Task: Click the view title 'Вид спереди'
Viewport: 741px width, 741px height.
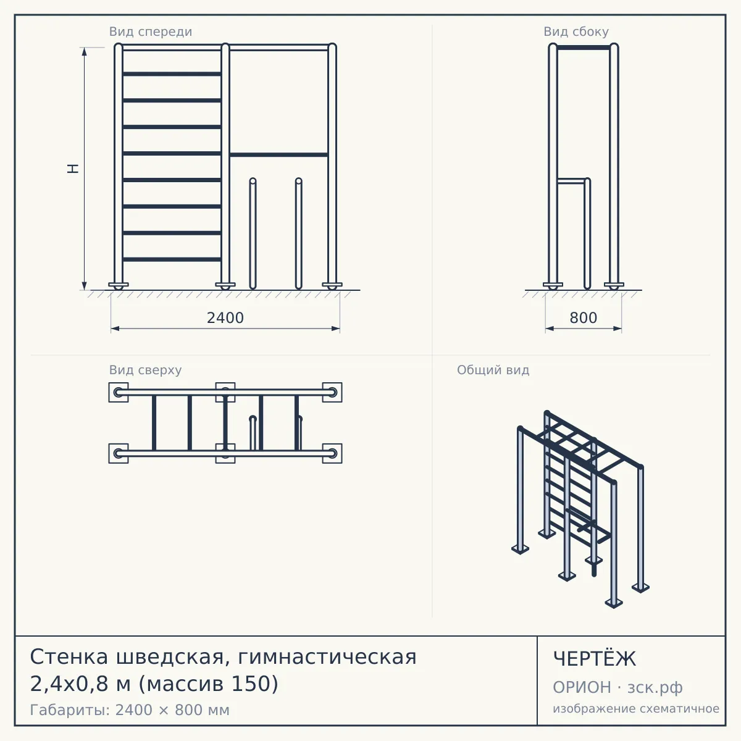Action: point(150,31)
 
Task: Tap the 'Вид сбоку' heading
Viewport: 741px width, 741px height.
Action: point(576,31)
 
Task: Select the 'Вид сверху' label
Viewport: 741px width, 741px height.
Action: point(145,370)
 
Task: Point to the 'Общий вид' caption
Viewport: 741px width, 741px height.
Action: point(493,370)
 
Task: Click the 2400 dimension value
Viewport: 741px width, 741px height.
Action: point(225,318)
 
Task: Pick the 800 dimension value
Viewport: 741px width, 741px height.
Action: point(584,318)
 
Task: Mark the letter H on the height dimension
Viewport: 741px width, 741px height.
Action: point(73,169)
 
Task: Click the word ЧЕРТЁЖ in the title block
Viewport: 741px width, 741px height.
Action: point(595,659)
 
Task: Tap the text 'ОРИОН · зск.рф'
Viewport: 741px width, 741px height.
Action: point(617,687)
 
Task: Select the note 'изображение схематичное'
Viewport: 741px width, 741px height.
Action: point(636,708)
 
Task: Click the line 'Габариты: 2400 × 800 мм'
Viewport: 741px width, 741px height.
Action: point(130,710)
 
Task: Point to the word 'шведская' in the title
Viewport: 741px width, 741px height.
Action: point(170,657)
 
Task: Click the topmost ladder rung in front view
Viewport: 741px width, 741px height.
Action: point(172,74)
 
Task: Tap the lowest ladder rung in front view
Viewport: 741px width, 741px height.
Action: point(172,259)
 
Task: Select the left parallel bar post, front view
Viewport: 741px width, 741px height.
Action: point(253,233)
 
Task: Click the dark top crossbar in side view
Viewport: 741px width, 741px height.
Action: point(584,48)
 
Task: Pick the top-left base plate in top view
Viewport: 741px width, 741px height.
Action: point(119,392)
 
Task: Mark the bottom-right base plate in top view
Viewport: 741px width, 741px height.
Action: point(332,453)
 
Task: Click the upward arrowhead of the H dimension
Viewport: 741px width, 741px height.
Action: point(84,51)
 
